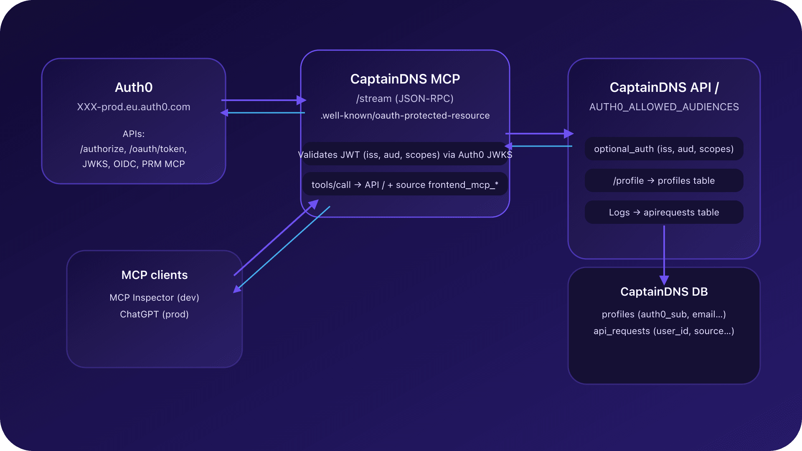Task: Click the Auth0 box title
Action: click(x=134, y=87)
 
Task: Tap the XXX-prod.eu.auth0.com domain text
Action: click(x=134, y=107)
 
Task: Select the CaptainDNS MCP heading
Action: click(x=405, y=79)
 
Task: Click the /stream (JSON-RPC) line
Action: click(x=405, y=99)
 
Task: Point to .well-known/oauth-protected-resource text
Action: click(x=405, y=116)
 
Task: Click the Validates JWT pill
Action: click(x=405, y=155)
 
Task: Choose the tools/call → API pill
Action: click(x=405, y=185)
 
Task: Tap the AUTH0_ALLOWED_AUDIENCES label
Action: click(x=664, y=107)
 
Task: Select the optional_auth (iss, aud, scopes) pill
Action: click(x=664, y=149)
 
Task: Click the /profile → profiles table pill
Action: click(x=664, y=181)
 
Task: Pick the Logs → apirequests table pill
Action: click(x=664, y=213)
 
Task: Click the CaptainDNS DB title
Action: click(x=664, y=291)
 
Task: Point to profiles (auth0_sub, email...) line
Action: click(x=664, y=314)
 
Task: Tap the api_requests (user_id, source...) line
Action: click(x=664, y=331)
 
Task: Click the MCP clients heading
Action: click(x=155, y=275)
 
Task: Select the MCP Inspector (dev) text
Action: click(x=155, y=298)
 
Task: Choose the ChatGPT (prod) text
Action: click(x=155, y=314)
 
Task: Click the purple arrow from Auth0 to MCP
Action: click(x=261, y=100)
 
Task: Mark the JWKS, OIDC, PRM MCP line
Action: click(x=134, y=164)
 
